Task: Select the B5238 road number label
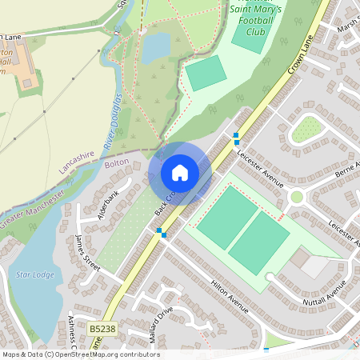(102, 329)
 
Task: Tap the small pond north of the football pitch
(156, 46)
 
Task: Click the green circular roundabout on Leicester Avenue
(297, 197)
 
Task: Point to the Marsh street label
(349, 27)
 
